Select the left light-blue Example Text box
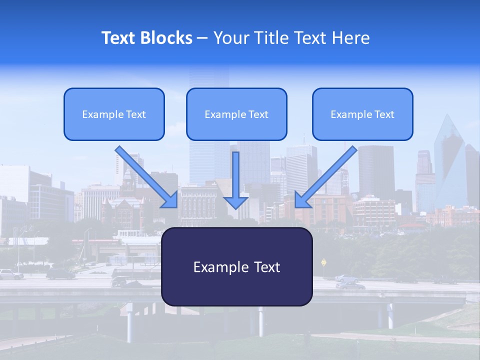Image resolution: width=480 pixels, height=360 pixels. tap(114, 114)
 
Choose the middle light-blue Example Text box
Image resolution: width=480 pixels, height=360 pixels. tap(236, 114)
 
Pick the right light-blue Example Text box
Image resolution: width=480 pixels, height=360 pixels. tap(362, 114)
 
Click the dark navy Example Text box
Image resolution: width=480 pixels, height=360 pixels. tap(236, 267)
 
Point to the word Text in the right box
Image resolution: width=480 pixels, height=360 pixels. tap(383, 114)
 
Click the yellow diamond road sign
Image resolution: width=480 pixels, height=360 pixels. tap(324, 261)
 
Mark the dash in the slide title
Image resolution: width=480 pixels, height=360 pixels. tap(202, 38)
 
